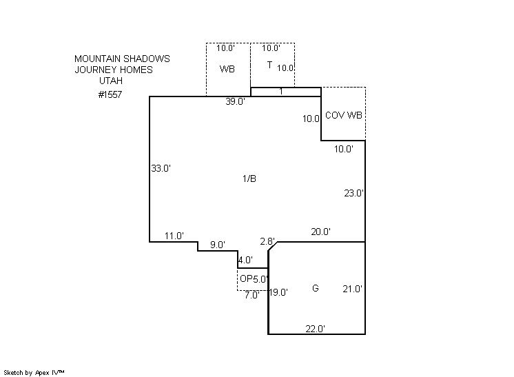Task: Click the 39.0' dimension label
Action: click(235, 102)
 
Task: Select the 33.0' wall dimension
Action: click(161, 168)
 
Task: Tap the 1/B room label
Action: click(249, 179)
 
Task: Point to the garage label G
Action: click(315, 289)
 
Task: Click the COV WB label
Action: click(343, 115)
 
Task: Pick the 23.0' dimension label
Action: click(353, 194)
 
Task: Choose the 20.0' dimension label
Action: click(320, 232)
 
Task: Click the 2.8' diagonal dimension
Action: click(267, 241)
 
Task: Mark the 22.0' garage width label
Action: click(315, 329)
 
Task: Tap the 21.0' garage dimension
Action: click(353, 289)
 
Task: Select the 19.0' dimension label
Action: click(278, 292)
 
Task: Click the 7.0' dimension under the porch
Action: click(251, 296)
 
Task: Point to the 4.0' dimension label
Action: click(245, 261)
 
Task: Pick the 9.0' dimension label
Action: click(218, 245)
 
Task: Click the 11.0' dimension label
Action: click(174, 236)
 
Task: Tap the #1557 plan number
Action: click(110, 95)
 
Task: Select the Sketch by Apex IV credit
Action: click(34, 372)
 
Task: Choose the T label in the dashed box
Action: click(269, 65)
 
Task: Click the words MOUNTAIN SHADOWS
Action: click(122, 59)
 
